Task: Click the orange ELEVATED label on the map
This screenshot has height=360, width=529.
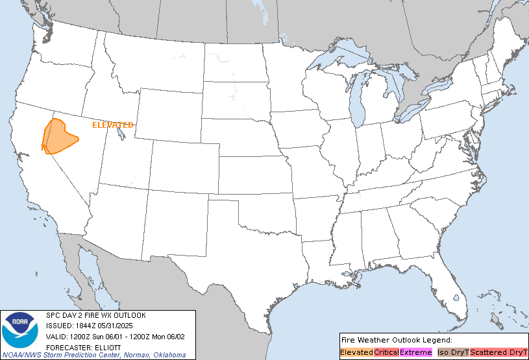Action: pyautogui.click(x=113, y=125)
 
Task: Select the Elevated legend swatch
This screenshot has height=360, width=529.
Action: pyautogui.click(x=357, y=352)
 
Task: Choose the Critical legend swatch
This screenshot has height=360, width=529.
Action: pyautogui.click(x=386, y=352)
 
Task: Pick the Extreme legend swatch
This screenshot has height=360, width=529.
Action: pyautogui.click(x=415, y=352)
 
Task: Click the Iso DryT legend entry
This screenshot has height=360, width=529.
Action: pyautogui.click(x=453, y=352)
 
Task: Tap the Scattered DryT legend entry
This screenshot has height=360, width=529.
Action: pyautogui.click(x=498, y=352)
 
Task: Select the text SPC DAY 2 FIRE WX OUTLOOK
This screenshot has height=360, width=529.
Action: pyautogui.click(x=96, y=315)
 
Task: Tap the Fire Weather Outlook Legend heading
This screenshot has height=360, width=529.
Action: pyautogui.click(x=396, y=339)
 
